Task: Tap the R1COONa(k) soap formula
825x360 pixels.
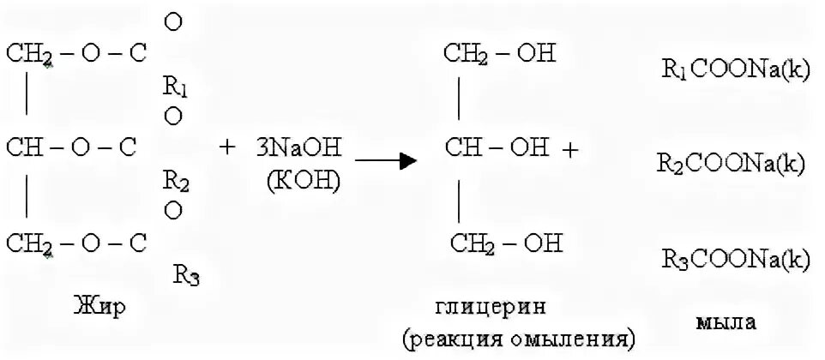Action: (735, 70)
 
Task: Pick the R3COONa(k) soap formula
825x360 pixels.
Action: (735, 258)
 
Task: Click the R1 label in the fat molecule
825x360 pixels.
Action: (172, 87)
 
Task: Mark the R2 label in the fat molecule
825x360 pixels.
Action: (172, 181)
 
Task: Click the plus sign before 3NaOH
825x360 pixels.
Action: (226, 148)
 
